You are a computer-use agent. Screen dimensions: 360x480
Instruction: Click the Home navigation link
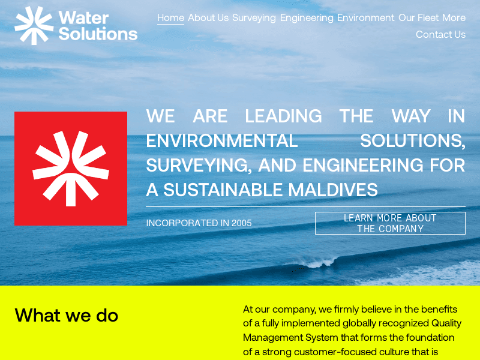point(170,18)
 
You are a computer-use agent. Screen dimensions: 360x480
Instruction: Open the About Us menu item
point(208,18)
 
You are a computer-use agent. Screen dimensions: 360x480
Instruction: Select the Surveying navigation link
point(254,18)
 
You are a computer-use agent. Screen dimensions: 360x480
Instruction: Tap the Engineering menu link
point(307,18)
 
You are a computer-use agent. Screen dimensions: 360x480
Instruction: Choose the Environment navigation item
point(366,18)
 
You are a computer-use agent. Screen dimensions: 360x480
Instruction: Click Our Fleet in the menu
point(418,18)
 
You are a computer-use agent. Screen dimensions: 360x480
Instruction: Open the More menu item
point(454,18)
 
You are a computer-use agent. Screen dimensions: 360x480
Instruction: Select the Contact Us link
point(440,34)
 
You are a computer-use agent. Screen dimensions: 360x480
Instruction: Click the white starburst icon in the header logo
point(34,25)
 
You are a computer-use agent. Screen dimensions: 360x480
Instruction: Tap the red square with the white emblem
point(71,168)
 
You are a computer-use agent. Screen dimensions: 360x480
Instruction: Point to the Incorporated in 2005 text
point(199,223)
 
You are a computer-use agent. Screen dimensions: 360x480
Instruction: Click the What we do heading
point(67,315)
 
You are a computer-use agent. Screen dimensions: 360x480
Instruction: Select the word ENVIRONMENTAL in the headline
point(222,141)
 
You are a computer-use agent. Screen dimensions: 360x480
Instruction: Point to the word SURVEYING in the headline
point(198,166)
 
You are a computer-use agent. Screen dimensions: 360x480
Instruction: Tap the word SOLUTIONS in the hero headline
point(412,141)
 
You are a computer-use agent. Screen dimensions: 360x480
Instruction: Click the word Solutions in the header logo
point(98,34)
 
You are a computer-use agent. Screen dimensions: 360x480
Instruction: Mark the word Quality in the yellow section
point(446,323)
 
